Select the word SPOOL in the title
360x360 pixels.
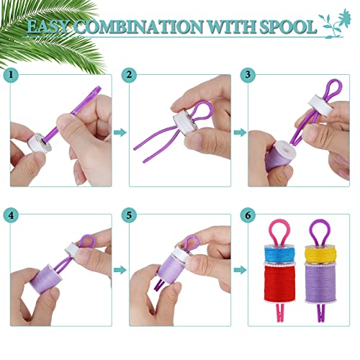point(288,27)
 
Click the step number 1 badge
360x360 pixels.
point(11,74)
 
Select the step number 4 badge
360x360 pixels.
point(11,215)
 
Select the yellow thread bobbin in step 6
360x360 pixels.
point(318,252)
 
